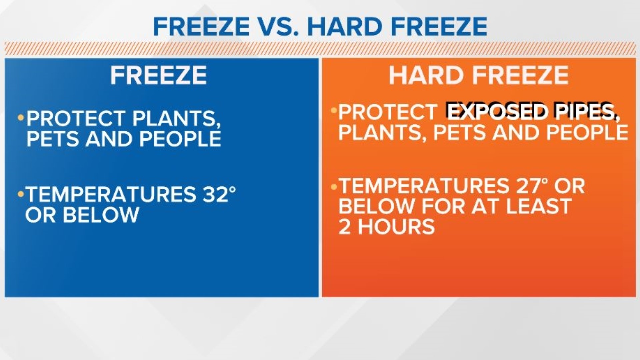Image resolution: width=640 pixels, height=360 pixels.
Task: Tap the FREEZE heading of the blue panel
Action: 158,75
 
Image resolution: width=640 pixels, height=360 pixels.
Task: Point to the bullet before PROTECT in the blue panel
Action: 21,118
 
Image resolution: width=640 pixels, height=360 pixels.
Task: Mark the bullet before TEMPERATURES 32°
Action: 21,194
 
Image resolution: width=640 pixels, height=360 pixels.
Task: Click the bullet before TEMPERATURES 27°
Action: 334,186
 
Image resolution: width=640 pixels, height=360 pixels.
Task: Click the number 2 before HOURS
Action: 345,227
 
